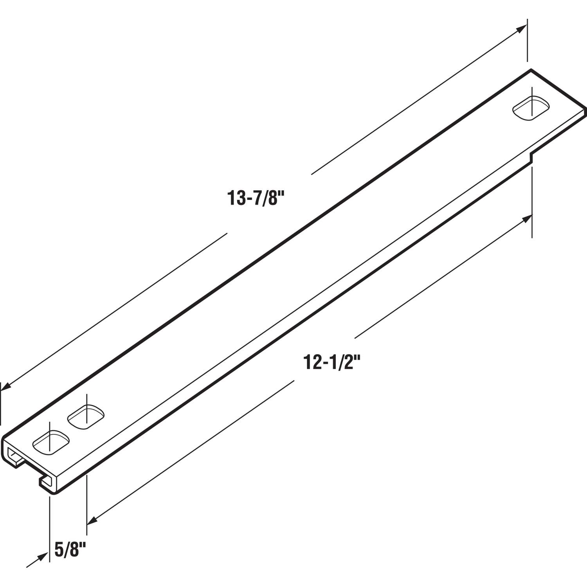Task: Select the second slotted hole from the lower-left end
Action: (x=86, y=417)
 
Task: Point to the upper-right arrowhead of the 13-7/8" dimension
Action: (x=522, y=28)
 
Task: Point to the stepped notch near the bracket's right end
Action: (x=531, y=155)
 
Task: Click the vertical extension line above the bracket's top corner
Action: (x=527, y=39)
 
